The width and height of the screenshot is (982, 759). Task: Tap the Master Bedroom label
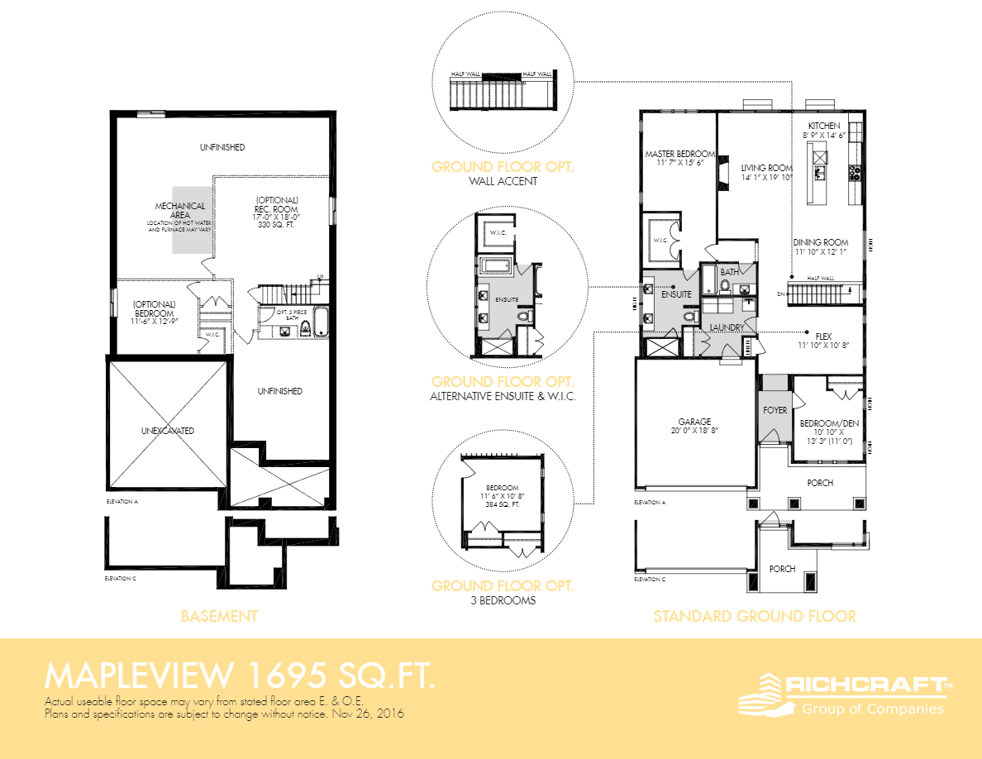[x=679, y=155]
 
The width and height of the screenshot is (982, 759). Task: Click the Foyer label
[x=775, y=410]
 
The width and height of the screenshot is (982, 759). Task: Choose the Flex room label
[x=823, y=337]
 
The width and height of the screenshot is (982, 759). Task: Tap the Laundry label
[x=727, y=327]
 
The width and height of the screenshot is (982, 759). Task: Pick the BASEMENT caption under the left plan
[x=219, y=616]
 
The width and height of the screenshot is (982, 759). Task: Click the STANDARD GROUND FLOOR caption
[x=754, y=616]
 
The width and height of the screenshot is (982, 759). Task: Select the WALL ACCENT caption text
[x=503, y=180]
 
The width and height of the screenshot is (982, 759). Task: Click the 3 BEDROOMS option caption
[x=503, y=600]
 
